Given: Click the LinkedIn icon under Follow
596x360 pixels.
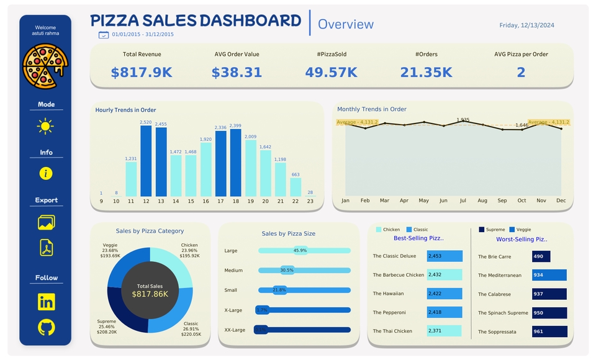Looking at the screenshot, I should pos(46,302).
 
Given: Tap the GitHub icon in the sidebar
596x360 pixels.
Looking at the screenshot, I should pos(46,328).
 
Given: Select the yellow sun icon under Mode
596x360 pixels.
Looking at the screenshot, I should pos(45,127).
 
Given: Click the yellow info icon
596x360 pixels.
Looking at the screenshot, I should pos(46,173).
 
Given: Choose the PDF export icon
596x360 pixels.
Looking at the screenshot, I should pos(46,248).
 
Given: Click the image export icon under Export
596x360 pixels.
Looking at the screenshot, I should pos(46,222).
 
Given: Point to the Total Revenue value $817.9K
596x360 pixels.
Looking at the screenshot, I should pos(142,73).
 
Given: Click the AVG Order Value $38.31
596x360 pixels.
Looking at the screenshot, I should pos(237,73).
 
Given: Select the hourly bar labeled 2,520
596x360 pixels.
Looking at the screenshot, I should pos(146,161).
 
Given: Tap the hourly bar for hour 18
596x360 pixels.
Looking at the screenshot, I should pos(235,163).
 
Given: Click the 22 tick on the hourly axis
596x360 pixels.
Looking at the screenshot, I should pos(295,201).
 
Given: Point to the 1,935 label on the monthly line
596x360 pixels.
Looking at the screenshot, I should pos(463,120).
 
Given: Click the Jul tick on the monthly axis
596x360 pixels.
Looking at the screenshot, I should pos(463,200).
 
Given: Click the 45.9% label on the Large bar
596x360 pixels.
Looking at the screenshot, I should pos(300,251).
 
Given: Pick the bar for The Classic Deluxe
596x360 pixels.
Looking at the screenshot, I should pos(445,256).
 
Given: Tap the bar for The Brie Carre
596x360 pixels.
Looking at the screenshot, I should pos(541,256).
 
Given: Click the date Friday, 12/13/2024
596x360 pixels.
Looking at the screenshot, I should pos(526,25).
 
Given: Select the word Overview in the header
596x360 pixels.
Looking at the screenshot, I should pos(346,24).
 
